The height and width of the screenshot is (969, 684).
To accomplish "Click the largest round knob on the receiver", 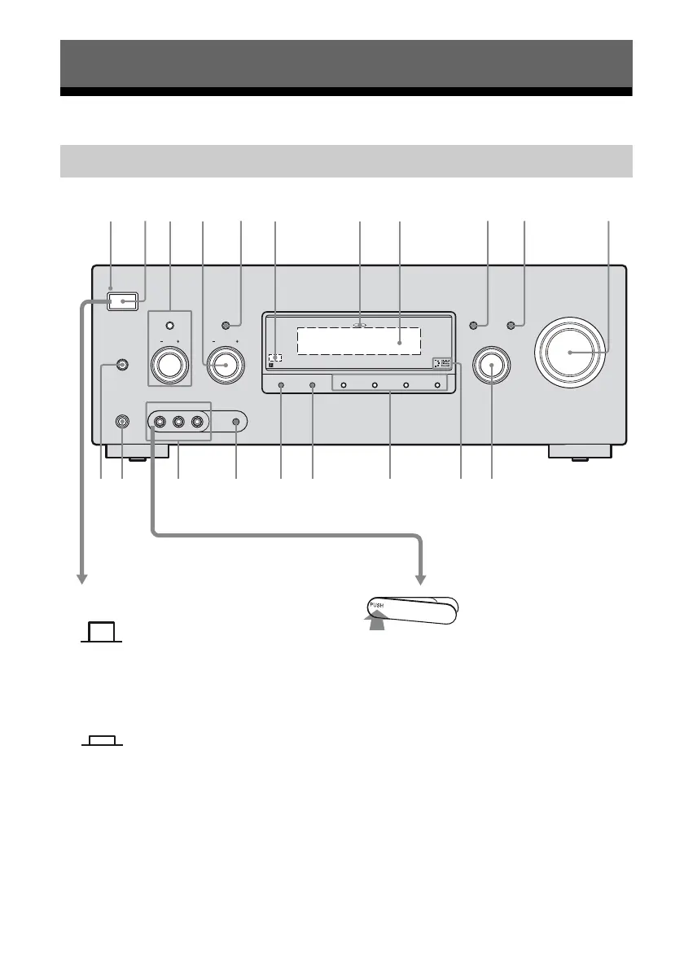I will (571, 351).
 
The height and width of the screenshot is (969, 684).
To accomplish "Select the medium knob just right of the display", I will (492, 366).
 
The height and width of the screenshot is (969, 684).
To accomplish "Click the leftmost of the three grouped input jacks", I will (160, 423).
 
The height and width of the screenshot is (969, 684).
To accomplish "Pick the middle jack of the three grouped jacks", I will (178, 423).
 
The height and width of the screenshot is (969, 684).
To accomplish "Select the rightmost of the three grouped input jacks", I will (196, 423).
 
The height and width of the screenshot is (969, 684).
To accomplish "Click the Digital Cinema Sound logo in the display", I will (441, 366).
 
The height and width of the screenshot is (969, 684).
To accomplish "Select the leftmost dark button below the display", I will (280, 384).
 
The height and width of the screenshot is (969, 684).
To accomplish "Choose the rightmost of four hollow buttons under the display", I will (437, 384).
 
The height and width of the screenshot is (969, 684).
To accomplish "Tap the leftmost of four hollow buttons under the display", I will (344, 384).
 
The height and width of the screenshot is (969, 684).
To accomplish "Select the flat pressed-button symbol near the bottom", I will (103, 741).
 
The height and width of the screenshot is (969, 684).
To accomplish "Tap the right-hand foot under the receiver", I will (580, 453).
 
